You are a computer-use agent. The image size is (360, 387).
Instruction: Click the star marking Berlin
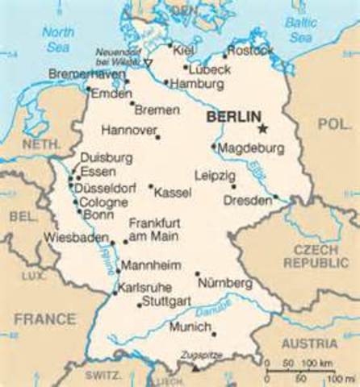point(262,127)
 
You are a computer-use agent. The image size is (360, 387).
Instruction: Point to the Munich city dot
point(214,334)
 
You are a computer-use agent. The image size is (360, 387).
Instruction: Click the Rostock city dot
point(225,56)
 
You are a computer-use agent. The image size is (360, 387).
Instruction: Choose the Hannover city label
point(127,129)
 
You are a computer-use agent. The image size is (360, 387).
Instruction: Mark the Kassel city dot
point(150,185)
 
